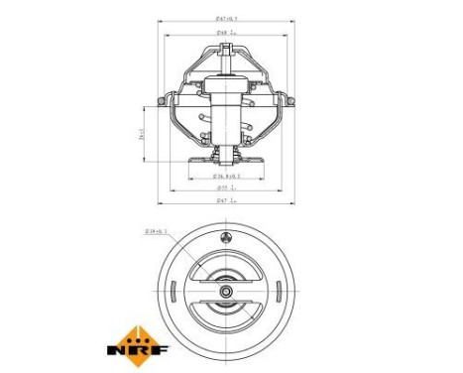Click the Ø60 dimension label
229,34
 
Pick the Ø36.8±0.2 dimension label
229,175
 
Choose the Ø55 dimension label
229,186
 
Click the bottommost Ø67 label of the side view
229,201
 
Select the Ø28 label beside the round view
157,232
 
